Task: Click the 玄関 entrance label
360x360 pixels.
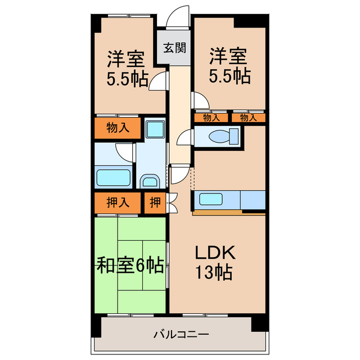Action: tap(175, 47)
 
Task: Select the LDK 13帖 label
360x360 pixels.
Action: tap(214, 262)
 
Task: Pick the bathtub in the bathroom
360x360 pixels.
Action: tap(114, 177)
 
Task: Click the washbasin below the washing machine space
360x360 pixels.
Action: tap(149, 181)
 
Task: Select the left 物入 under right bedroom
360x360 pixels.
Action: tap(211, 118)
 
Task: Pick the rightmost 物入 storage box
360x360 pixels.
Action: tap(247, 118)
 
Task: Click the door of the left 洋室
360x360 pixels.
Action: tap(159, 82)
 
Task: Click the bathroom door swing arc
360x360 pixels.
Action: tap(125, 152)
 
